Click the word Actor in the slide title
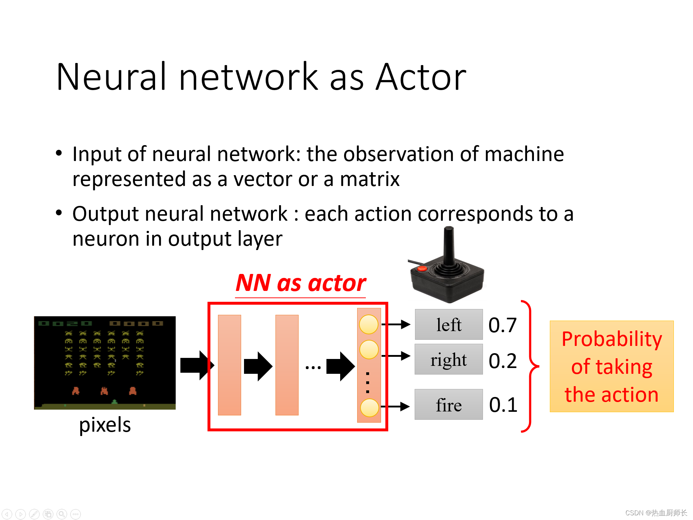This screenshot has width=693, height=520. [421, 77]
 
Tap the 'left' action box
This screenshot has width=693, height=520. [448, 325]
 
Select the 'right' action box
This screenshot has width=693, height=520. [448, 359]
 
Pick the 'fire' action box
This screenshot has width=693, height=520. [448, 405]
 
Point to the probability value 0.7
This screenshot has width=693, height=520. [502, 325]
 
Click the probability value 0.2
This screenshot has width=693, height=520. [502, 360]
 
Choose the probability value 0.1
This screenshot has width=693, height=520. [503, 405]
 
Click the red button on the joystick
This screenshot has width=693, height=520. [422, 269]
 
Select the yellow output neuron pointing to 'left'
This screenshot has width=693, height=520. [368, 324]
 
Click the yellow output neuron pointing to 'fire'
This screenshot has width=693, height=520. [369, 407]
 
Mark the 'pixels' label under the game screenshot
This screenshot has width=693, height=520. [105, 425]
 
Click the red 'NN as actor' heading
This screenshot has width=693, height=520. [301, 283]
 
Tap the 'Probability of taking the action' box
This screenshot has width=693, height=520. [611, 366]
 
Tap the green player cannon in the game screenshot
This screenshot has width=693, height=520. [114, 401]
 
